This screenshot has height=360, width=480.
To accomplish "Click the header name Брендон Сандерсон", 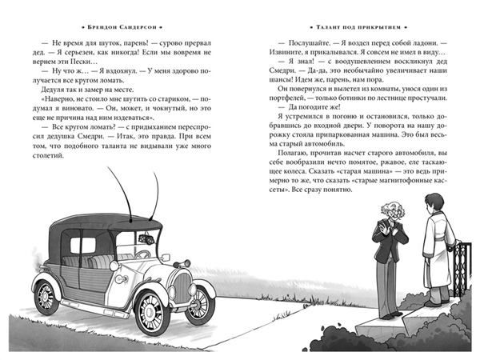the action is click(122, 27).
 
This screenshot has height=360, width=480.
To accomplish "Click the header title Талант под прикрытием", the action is click(358, 27).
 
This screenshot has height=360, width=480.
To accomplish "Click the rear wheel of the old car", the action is click(46, 297).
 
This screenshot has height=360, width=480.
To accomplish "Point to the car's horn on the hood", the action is click(184, 264).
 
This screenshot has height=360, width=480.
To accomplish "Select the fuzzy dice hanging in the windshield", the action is click(144, 239).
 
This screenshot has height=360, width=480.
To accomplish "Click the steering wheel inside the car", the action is click(142, 254).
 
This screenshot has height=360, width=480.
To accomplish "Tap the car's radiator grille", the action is click(182, 287).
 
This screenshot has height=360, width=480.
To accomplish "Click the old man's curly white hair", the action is click(393, 210).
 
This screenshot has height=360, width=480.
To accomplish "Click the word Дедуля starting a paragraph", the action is click(52, 90).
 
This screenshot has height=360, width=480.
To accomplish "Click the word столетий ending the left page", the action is click(48, 155).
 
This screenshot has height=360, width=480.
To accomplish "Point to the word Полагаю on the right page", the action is click(291, 153).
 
